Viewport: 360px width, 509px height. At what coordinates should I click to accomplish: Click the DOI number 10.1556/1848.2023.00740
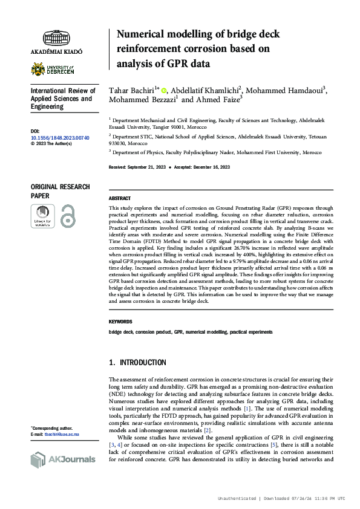pyautogui.click(x=60, y=138)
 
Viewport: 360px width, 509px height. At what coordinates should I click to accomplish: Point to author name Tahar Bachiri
pyautogui.click(x=131, y=89)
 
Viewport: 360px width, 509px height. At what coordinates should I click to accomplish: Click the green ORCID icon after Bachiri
pyautogui.click(x=164, y=90)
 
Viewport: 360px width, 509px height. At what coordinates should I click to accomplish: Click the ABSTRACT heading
pyautogui.click(x=120, y=198)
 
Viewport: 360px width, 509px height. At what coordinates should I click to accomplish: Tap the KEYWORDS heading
pyautogui.click(x=120, y=322)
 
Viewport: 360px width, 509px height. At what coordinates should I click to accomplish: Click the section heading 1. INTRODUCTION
pyautogui.click(x=137, y=363)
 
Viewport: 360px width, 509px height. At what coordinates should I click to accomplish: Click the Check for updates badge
pyautogui.click(x=42, y=216)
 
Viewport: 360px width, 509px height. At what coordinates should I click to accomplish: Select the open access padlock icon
pyautogui.click(x=68, y=216)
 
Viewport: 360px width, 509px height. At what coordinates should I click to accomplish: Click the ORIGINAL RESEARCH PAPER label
pyautogui.click(x=60, y=192)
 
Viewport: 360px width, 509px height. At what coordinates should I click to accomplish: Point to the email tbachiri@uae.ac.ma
pyautogui.click(x=60, y=435)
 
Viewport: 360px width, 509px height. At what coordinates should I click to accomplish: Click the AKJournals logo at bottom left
pyautogui.click(x=62, y=460)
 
